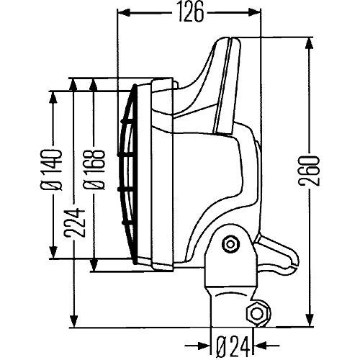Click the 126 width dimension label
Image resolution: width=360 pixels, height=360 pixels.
tap(189, 12)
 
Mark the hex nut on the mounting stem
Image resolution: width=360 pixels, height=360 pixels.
tap(256, 313)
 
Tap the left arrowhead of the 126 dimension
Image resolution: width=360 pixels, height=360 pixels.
tap(122, 12)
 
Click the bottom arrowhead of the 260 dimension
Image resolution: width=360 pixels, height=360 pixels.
tap(310, 323)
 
